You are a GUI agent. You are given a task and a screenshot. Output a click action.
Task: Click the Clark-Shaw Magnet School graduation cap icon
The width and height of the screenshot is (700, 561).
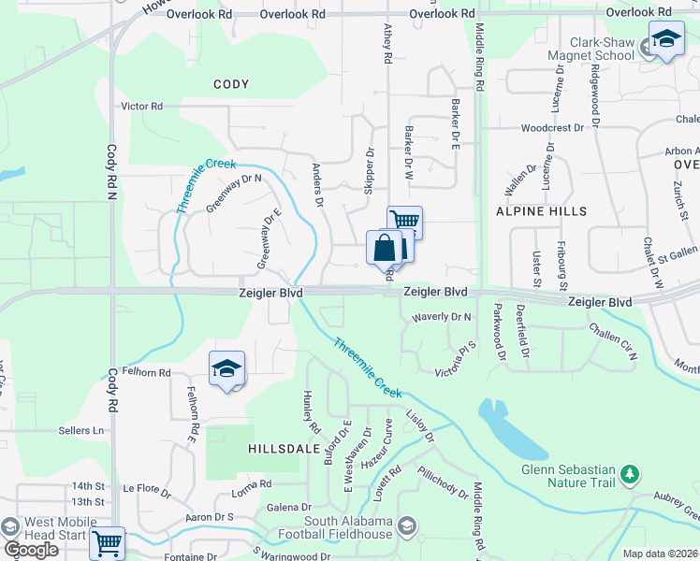(665, 39)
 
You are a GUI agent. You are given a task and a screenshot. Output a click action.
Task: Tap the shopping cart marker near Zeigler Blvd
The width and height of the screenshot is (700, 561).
(404, 222)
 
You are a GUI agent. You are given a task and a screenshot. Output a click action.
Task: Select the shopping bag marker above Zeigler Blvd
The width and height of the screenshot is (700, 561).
(384, 248)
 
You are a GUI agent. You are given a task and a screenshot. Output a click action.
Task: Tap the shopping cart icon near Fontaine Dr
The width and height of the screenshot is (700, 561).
(108, 542)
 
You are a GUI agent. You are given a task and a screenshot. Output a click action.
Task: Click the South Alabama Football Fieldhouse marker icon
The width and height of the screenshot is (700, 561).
(407, 526)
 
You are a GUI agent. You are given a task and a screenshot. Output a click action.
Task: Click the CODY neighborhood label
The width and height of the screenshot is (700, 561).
(231, 84)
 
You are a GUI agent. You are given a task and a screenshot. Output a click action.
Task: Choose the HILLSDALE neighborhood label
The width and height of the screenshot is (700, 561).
(278, 449)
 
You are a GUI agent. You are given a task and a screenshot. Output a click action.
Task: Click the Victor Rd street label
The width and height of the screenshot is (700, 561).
(142, 107)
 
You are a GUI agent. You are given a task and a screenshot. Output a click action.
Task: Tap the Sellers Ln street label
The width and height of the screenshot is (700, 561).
(81, 430)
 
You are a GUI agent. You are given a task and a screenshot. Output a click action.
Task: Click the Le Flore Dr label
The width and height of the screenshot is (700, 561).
(147, 488)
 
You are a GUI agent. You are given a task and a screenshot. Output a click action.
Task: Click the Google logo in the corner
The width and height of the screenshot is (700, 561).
(31, 550)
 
